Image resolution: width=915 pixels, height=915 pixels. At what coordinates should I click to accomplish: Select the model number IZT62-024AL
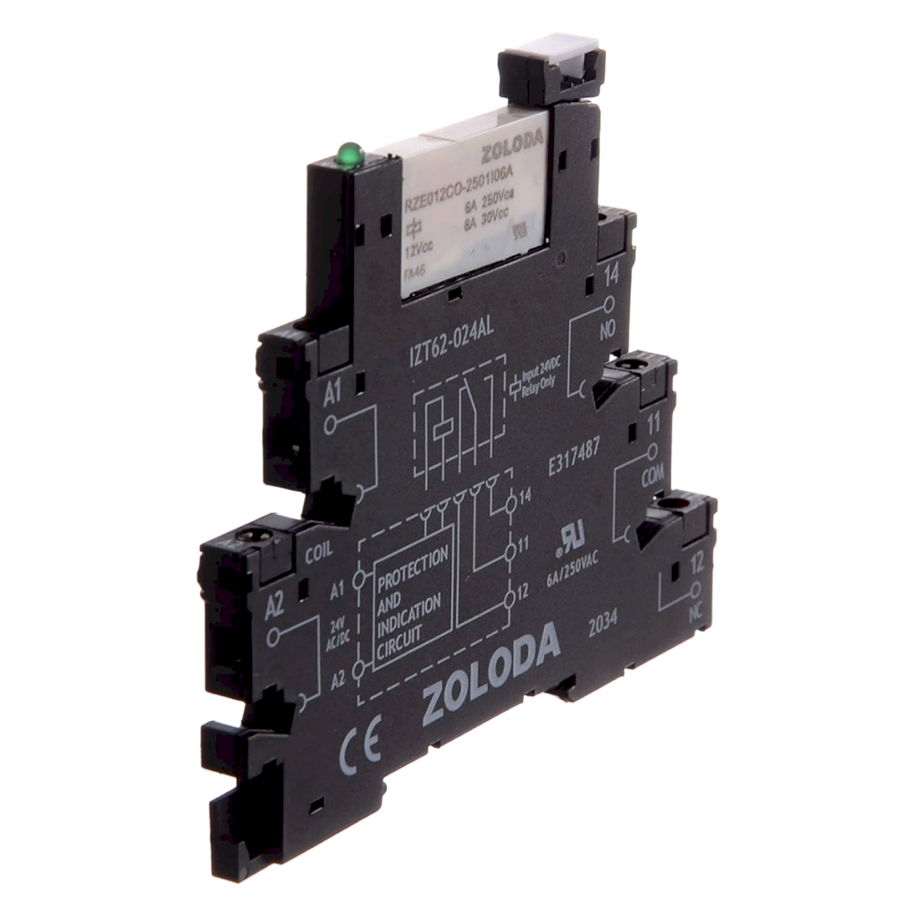pyautogui.click(x=444, y=340)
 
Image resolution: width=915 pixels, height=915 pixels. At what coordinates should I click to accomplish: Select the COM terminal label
pyautogui.click(x=654, y=478)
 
